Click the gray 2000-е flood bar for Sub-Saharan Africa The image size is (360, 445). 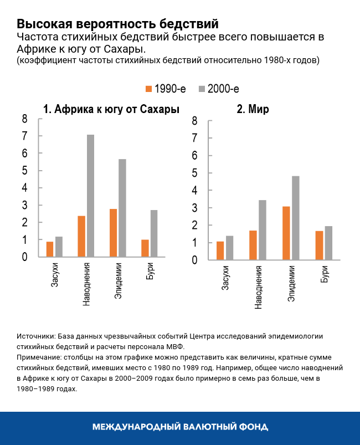[90, 196]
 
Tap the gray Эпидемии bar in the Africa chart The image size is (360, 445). [122, 208]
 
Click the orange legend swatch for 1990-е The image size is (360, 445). [148, 89]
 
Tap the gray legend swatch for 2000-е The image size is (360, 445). [202, 89]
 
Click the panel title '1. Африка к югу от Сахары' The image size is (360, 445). [111, 109]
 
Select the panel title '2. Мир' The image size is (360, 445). [253, 109]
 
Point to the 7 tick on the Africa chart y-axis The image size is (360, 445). [24, 136]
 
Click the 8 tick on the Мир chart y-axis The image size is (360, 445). [194, 121]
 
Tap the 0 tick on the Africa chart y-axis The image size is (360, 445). [24, 257]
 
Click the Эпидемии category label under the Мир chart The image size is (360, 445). [291, 284]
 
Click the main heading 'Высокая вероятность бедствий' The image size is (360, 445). [117, 24]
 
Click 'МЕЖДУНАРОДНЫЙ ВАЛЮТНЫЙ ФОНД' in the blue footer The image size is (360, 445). [180, 427]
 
